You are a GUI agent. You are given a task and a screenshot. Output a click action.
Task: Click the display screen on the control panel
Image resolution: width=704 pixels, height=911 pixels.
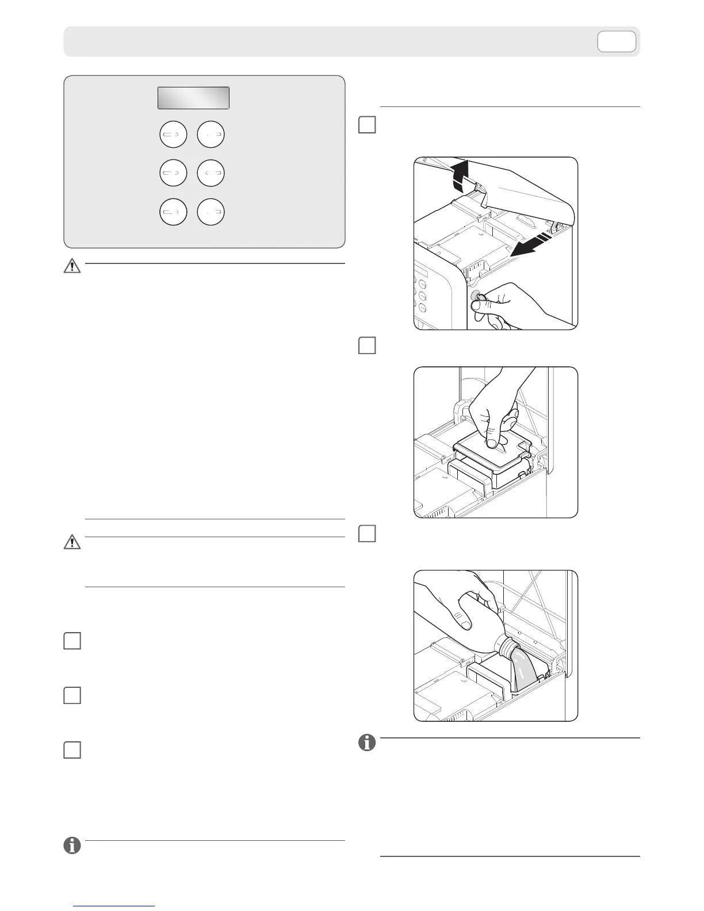tap(193, 98)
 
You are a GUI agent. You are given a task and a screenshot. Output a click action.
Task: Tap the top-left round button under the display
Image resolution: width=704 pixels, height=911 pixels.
tap(173, 135)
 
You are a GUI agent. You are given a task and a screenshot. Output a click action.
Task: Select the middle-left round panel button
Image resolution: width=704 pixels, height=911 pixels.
tap(173, 173)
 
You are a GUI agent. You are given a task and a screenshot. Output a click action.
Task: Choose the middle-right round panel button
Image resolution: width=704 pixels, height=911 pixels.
tap(211, 173)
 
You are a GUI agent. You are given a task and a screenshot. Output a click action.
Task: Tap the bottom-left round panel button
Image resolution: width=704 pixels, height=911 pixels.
tap(173, 212)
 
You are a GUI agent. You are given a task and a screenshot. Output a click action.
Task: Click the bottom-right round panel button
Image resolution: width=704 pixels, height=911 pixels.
tap(211, 212)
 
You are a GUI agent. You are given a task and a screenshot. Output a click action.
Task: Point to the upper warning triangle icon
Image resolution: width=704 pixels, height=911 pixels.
tap(72, 266)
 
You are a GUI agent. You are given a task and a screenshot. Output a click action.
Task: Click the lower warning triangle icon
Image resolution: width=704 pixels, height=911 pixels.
tap(72, 542)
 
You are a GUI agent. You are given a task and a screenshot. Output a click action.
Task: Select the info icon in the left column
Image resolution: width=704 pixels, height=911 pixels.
tap(72, 845)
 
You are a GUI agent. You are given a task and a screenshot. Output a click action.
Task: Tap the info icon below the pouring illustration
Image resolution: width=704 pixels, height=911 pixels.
tap(367, 742)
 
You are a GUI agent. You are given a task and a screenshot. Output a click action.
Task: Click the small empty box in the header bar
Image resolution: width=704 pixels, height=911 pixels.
tap(617, 42)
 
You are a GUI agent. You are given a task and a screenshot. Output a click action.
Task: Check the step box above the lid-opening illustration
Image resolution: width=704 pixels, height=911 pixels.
tap(367, 125)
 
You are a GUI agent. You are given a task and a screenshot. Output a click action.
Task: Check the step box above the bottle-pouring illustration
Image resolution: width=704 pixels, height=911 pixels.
tap(367, 534)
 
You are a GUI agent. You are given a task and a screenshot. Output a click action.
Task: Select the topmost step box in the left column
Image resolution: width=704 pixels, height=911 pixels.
tap(72, 641)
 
